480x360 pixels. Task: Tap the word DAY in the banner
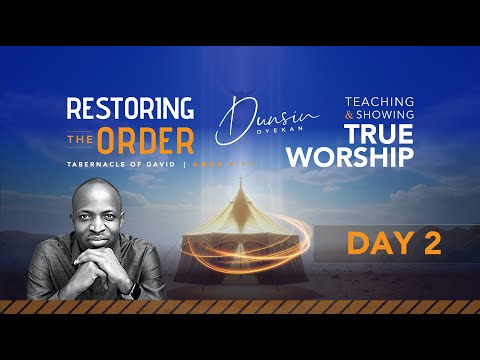coord(371,244)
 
